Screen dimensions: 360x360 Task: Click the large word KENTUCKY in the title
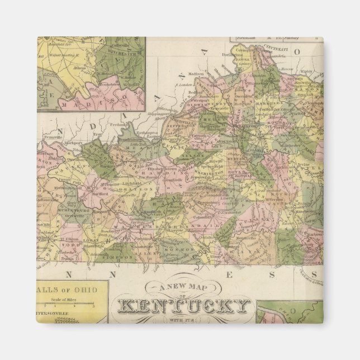(184, 306)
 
